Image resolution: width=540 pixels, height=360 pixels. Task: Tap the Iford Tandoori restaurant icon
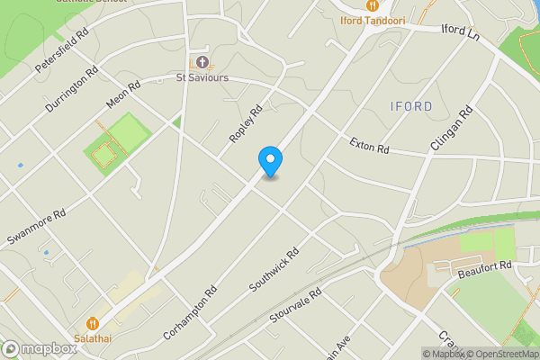[x=371, y=5]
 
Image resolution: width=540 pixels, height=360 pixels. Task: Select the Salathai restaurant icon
[x=93, y=323]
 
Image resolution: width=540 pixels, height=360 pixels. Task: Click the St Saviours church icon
[x=202, y=62]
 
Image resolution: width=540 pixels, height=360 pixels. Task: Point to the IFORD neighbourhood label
[x=412, y=106]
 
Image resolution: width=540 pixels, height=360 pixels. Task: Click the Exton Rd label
[x=369, y=144]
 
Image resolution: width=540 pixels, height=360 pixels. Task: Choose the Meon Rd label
[x=123, y=96]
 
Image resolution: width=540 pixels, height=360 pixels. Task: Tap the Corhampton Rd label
[x=191, y=311]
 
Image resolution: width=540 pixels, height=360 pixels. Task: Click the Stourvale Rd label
[x=295, y=307]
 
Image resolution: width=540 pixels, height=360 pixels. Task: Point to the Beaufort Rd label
[x=484, y=266]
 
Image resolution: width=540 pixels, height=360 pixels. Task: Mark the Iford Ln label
[x=461, y=31]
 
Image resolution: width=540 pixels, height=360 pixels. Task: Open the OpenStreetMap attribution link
[x=502, y=354]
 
